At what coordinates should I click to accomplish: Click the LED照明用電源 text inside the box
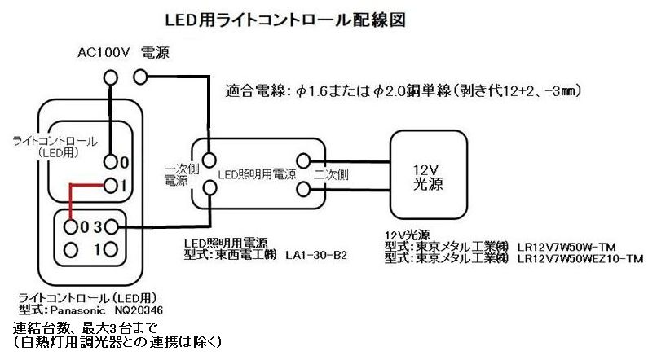(x=258, y=175)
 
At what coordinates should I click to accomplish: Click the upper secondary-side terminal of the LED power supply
(x=305, y=160)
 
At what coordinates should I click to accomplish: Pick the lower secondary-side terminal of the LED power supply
(x=305, y=190)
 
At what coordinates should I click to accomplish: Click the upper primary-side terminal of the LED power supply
(x=210, y=158)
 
